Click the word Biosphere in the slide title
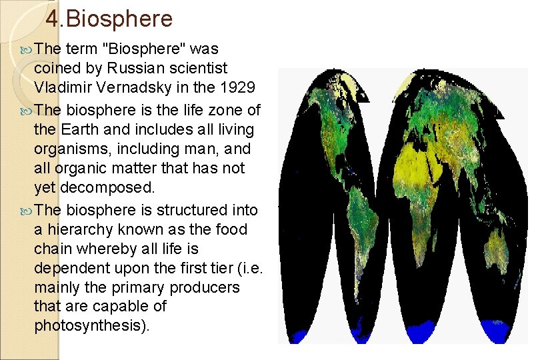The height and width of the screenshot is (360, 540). (119, 19)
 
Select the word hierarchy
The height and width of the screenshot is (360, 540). (79, 229)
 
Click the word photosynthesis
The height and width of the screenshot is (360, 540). (90, 326)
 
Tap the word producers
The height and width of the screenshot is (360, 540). (205, 287)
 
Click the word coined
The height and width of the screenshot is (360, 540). (55, 68)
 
